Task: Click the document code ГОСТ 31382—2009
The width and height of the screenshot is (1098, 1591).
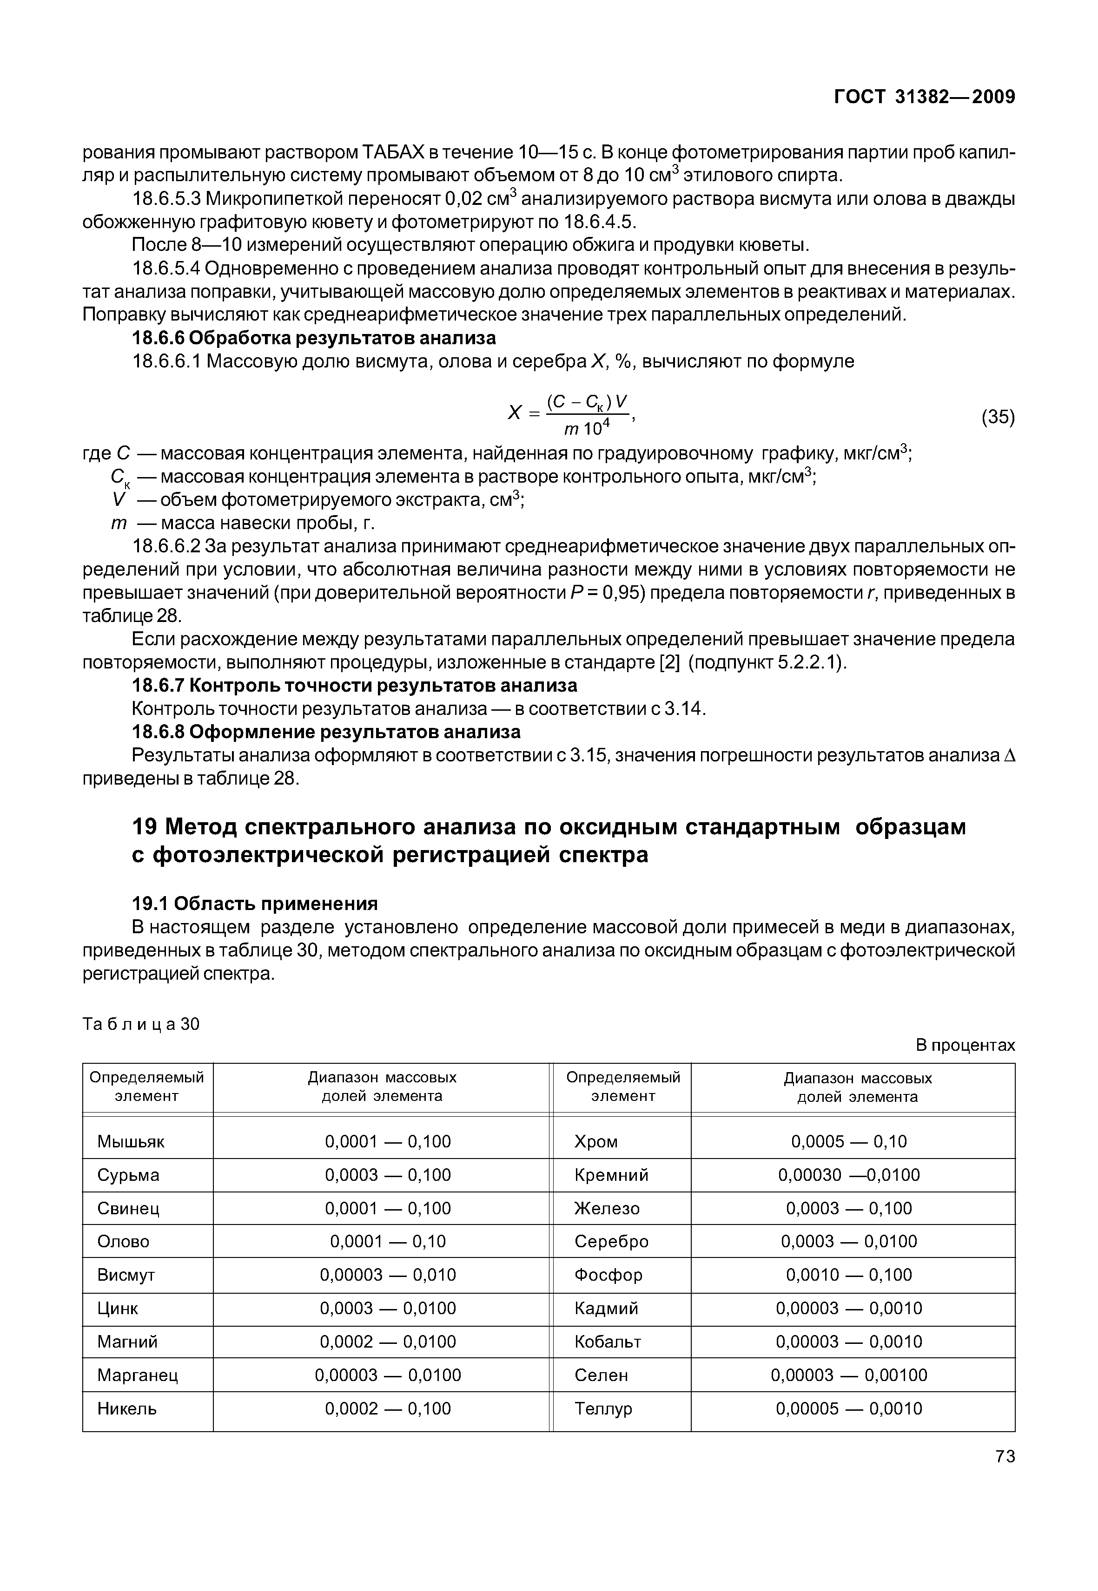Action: pyautogui.click(x=924, y=97)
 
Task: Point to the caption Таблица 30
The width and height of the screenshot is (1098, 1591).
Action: pyautogui.click(x=141, y=1024)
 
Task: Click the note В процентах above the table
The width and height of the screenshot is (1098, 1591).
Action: pyautogui.click(x=965, y=1045)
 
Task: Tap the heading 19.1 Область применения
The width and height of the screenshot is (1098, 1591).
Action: pyautogui.click(x=255, y=903)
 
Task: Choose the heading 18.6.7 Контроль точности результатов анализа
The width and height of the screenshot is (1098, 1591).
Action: pyautogui.click(x=354, y=686)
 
